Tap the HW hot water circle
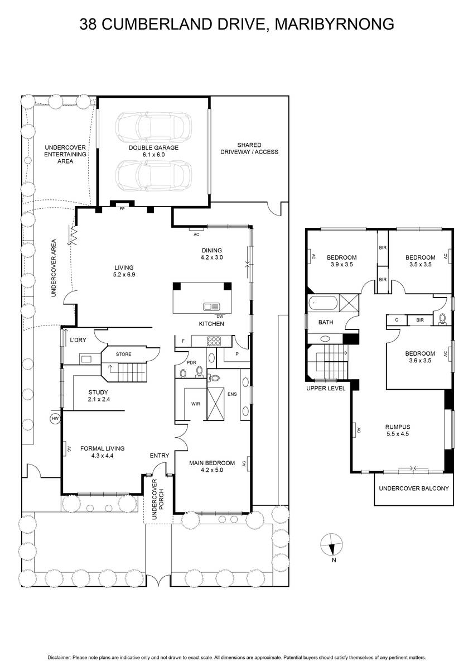[55, 418]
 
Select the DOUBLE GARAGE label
[153, 148]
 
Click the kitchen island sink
[211, 307]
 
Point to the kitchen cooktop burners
[214, 341]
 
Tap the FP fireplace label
[122, 209]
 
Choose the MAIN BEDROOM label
[212, 463]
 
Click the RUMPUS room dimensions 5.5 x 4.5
[397, 434]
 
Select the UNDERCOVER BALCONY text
[414, 489]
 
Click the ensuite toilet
[214, 378]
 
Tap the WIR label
[196, 404]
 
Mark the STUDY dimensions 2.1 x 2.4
[99, 399]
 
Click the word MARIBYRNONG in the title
[334, 24]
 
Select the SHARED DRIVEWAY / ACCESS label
[249, 149]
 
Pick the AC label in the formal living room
[69, 449]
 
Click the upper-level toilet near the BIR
[442, 319]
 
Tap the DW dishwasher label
[220, 316]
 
